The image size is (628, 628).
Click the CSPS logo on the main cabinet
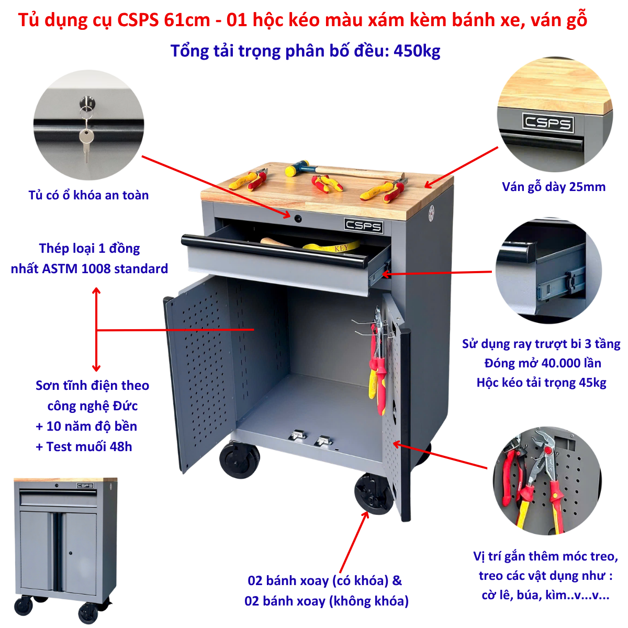pos(363,226)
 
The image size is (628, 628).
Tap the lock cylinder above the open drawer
pos(298,218)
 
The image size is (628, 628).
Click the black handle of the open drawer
pos(274,251)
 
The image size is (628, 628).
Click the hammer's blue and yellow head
pos(297,168)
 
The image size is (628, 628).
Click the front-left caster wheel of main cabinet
pos(240,460)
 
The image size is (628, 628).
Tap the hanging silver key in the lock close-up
pos(86,141)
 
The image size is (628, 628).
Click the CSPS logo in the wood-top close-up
pos(548,123)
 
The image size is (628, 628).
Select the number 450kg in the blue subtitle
pos(417,51)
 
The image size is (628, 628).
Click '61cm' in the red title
pos(187,20)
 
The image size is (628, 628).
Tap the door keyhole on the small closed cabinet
pos(70,553)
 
